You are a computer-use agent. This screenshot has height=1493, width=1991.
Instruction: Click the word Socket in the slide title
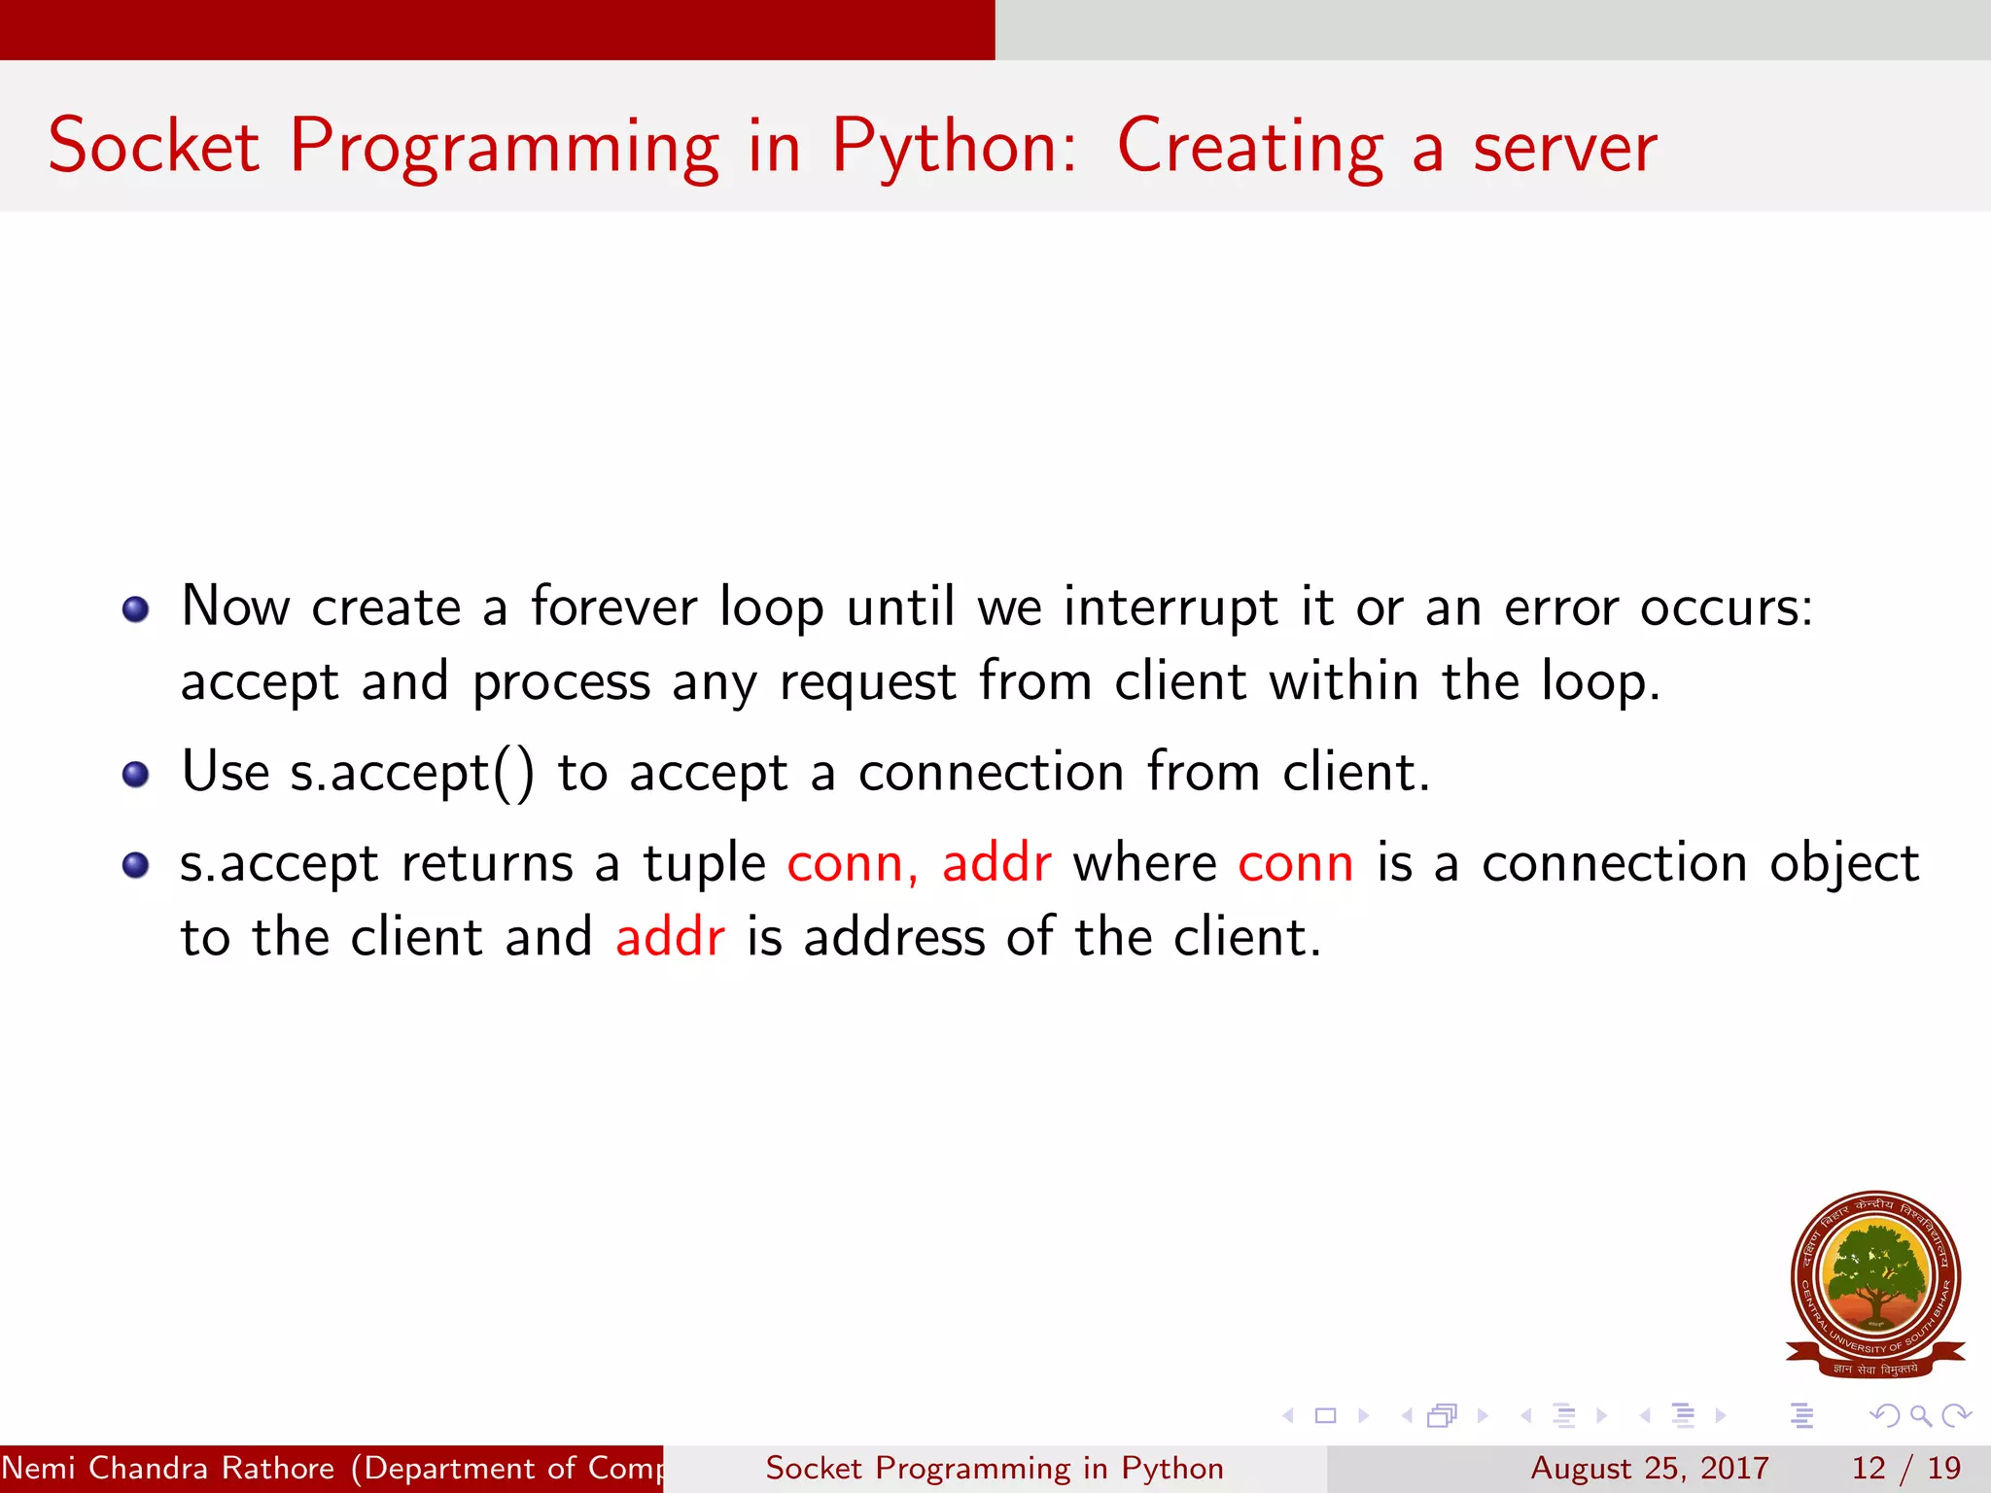pos(154,147)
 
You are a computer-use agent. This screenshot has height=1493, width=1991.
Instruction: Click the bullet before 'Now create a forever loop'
pos(135,609)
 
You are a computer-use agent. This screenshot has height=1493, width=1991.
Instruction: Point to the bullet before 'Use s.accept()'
pos(135,775)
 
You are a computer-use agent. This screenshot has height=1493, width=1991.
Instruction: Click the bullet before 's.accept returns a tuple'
pos(135,865)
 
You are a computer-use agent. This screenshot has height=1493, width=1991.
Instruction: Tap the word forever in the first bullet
pos(613,608)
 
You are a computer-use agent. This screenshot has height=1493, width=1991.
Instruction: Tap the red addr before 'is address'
pos(670,938)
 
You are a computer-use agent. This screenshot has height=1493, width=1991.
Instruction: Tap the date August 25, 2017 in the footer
pos(1649,1468)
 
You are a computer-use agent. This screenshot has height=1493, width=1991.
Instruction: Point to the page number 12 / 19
pos(1905,1468)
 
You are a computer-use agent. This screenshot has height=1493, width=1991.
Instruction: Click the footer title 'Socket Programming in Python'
pos(994,1468)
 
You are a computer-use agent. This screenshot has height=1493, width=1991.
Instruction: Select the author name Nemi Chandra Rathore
pos(167,1468)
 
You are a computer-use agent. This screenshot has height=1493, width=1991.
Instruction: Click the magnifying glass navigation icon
pos(1920,1415)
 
